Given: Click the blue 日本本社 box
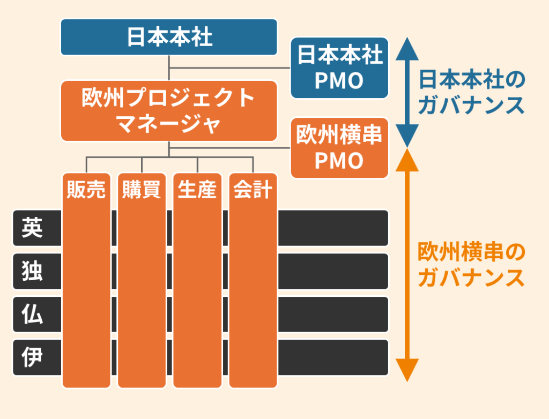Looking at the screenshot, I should pyautogui.click(x=169, y=38).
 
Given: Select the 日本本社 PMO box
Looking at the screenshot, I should pyautogui.click(x=339, y=68).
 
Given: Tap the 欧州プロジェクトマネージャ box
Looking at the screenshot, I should pyautogui.click(x=169, y=111).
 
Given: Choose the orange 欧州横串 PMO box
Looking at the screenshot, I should pyautogui.click(x=339, y=148).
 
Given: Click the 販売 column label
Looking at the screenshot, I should pyautogui.click(x=86, y=190).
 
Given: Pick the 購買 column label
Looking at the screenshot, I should pyautogui.click(x=142, y=190).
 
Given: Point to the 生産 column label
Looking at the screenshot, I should pyautogui.click(x=197, y=190).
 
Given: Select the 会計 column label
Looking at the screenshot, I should pyautogui.click(x=253, y=190).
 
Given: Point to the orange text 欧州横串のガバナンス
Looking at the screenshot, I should pyautogui.click(x=471, y=265).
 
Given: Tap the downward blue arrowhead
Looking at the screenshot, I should pyautogui.click(x=407, y=137).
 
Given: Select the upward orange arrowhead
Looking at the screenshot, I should pyautogui.click(x=407, y=160).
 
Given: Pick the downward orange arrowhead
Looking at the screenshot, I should pyautogui.click(x=407, y=370).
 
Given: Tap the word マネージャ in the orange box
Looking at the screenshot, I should pyautogui.click(x=169, y=124).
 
